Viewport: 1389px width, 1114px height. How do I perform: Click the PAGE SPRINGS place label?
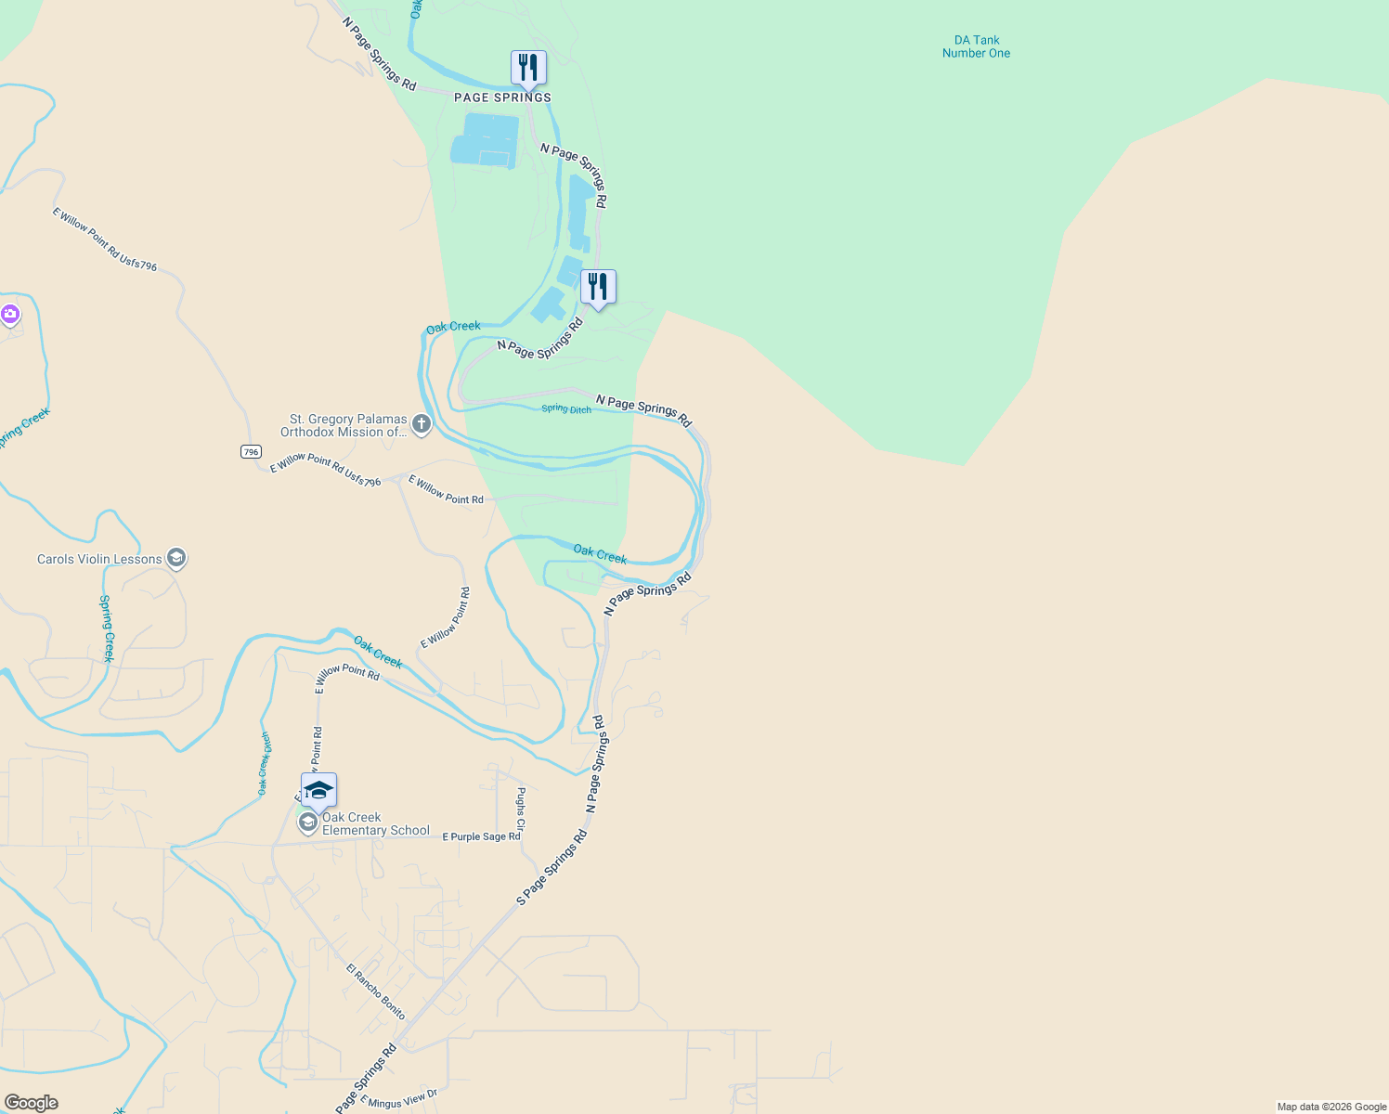click(502, 97)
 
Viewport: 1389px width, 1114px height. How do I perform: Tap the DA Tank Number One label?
click(976, 46)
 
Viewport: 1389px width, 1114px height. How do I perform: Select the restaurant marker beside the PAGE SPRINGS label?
click(528, 69)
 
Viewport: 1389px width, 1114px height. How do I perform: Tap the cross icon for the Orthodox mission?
click(422, 425)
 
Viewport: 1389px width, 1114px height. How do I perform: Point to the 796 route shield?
click(251, 452)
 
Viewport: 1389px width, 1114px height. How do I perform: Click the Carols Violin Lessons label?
click(99, 559)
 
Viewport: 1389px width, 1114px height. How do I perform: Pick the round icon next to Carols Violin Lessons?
click(176, 558)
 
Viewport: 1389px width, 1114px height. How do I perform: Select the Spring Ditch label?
click(566, 409)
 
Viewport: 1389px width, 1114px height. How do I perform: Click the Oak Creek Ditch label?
click(265, 764)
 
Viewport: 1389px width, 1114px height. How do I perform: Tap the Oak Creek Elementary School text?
click(375, 824)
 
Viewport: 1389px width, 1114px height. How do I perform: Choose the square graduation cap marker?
click(318, 791)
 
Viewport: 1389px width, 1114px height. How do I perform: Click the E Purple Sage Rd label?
click(481, 836)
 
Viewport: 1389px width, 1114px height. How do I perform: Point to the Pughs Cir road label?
click(521, 809)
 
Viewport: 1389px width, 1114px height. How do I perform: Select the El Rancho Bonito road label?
click(376, 991)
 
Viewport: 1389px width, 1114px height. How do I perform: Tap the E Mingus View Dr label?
click(398, 1100)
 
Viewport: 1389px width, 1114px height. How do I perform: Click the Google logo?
click(32, 1103)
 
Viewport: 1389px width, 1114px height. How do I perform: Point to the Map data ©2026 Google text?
click(1331, 1107)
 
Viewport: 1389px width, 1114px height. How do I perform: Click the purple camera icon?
click(10, 315)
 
